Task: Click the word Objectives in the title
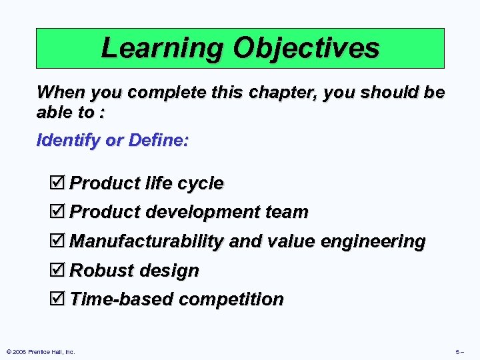point(306,49)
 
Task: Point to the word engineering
point(373,241)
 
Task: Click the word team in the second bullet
point(287,212)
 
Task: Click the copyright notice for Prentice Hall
point(40,351)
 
